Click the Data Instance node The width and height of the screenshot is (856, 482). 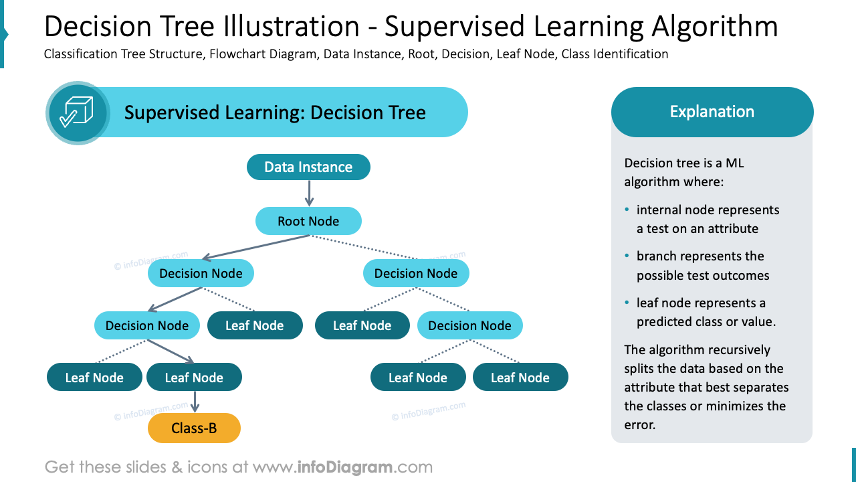click(x=308, y=167)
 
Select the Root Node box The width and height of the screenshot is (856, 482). click(x=308, y=221)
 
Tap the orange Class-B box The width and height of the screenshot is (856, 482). click(x=194, y=428)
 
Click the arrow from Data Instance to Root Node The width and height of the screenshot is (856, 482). click(x=308, y=193)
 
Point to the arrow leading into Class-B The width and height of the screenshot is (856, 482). click(x=195, y=402)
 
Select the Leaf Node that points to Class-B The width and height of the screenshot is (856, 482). click(x=194, y=378)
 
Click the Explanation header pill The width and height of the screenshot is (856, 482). click(x=712, y=112)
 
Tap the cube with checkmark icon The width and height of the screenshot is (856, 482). click(x=77, y=112)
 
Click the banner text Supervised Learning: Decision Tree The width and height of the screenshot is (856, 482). click(x=275, y=112)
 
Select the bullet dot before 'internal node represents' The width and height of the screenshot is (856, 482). click(x=627, y=210)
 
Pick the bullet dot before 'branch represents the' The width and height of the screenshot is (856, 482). click(x=627, y=256)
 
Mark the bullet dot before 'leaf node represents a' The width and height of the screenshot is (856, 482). click(x=627, y=303)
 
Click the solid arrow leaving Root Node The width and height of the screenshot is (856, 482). click(x=254, y=246)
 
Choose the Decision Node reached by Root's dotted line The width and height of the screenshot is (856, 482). click(x=416, y=273)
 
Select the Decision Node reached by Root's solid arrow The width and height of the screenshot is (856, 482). click(x=201, y=273)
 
